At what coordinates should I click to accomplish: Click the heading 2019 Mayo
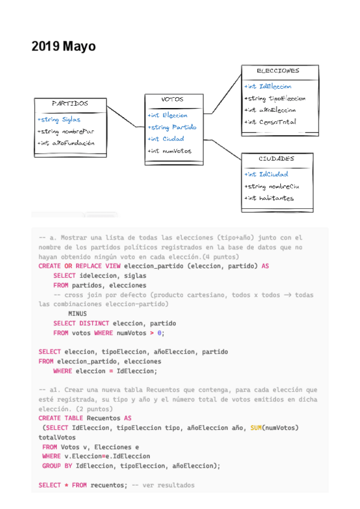pos(64,47)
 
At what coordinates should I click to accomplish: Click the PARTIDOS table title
pos(70,103)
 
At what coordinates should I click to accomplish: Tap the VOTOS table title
pos(173,100)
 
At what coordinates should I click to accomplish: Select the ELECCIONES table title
pos(278,71)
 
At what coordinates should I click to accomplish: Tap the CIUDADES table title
pos(277,159)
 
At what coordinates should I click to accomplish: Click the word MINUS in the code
pos(77,313)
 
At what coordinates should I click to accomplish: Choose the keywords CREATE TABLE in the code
pos(61,418)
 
